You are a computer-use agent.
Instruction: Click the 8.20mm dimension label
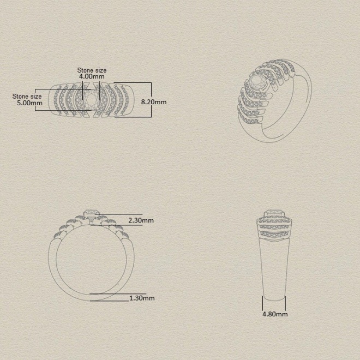(154, 101)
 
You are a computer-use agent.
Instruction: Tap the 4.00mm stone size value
(92, 76)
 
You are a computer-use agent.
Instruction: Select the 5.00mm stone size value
(29, 103)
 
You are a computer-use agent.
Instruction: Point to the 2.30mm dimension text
(141, 220)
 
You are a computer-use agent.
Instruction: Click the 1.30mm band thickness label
(142, 298)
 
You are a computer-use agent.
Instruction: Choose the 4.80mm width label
(275, 314)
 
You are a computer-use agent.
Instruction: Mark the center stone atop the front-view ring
(92, 213)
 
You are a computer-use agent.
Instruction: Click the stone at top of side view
(274, 212)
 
